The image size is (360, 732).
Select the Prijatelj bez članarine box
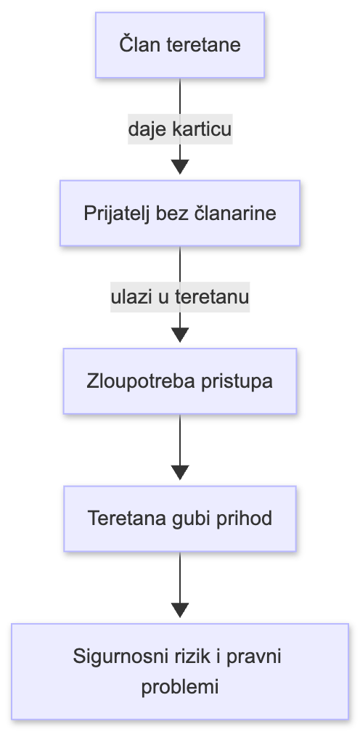pyautogui.click(x=179, y=214)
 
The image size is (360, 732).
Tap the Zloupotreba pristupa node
pyautogui.click(x=179, y=381)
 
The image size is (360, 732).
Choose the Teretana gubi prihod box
pyautogui.click(x=179, y=518)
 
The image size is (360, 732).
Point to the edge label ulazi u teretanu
pyautogui.click(x=179, y=298)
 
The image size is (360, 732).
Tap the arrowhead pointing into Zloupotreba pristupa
pyautogui.click(x=179, y=335)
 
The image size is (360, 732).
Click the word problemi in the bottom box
pyautogui.click(x=179, y=686)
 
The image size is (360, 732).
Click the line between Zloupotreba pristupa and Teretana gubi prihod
pyautogui.click(x=179, y=443)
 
